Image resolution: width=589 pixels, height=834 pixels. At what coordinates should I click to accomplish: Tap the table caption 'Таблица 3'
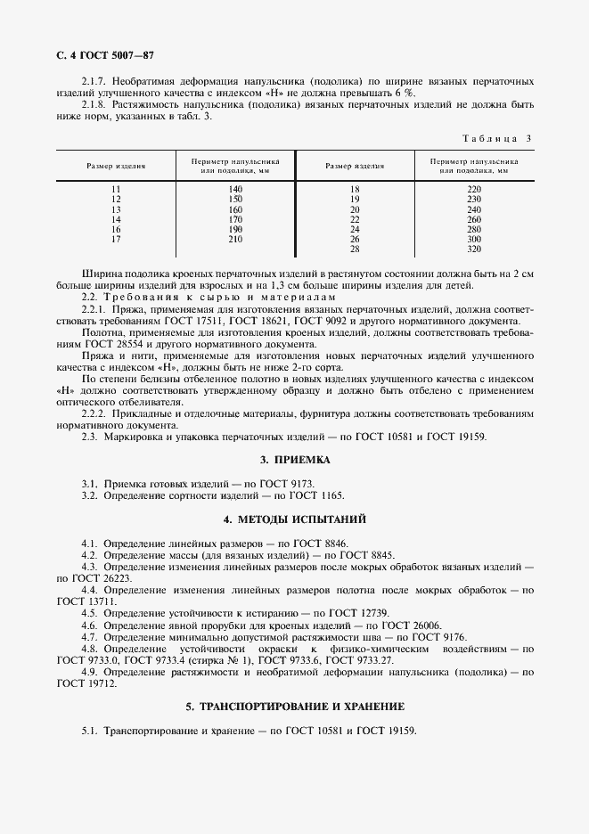click(x=497, y=138)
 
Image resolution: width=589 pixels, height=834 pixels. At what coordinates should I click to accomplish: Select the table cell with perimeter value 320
click(x=473, y=249)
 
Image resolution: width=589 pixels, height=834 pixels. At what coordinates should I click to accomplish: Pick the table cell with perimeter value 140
click(x=235, y=190)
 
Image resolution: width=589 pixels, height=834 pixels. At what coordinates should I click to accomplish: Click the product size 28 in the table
click(x=355, y=249)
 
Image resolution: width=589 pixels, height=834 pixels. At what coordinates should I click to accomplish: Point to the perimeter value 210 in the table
click(x=235, y=239)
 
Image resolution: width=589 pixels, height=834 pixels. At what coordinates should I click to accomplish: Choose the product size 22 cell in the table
click(x=355, y=219)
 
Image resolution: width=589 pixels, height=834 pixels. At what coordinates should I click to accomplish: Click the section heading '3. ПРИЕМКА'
click(x=294, y=461)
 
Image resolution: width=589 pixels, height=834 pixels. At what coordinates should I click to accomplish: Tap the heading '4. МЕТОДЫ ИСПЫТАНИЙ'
click(x=294, y=519)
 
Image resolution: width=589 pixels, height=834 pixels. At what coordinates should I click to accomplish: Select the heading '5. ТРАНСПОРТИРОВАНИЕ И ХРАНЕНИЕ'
click(x=294, y=706)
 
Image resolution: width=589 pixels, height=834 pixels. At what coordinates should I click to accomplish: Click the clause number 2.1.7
click(x=96, y=81)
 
